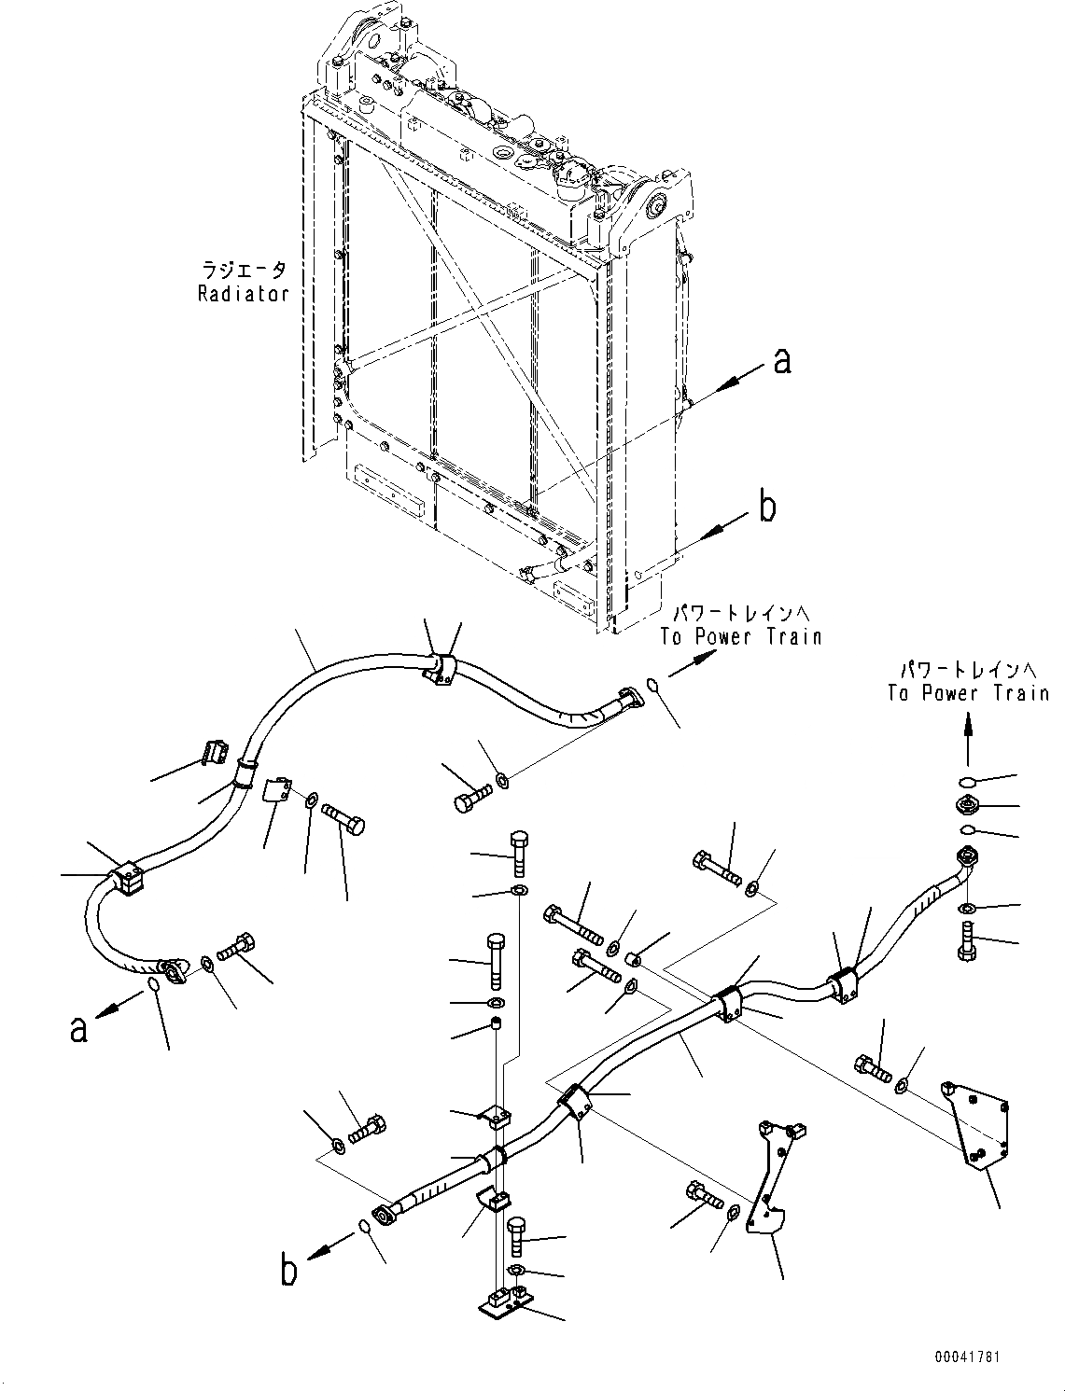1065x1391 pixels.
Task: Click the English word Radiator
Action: [243, 294]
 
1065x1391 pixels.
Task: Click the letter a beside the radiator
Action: [782, 359]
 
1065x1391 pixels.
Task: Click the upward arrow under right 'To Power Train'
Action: [967, 737]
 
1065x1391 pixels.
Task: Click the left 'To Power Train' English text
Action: [741, 637]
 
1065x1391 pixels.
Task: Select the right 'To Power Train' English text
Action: [968, 693]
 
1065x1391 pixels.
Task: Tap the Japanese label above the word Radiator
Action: [244, 271]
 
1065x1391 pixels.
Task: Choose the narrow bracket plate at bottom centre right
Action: [771, 1180]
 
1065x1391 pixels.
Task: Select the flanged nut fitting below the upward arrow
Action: [966, 806]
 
